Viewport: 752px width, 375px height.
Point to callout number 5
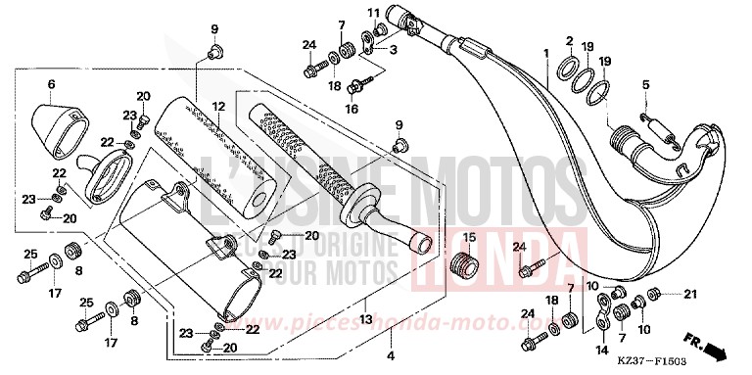click(645, 85)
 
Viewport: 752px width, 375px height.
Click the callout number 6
click(50, 84)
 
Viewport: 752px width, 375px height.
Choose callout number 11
click(373, 12)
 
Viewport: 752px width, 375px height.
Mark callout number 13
click(364, 319)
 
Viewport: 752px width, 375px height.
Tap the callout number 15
click(468, 237)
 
